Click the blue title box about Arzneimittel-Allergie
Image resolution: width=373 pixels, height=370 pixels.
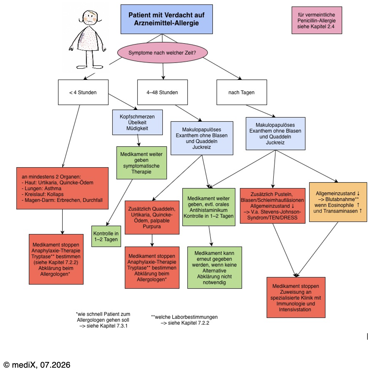tap(166, 19)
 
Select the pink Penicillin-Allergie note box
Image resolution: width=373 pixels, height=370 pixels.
tap(317, 20)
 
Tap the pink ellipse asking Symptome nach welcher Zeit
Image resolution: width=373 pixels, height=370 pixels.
tap(162, 53)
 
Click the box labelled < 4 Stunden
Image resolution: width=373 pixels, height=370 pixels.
tap(83, 92)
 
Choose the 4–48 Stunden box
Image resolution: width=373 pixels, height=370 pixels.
tap(162, 92)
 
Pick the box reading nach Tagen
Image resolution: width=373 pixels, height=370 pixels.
tap(242, 92)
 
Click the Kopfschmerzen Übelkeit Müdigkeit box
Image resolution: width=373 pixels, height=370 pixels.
tap(137, 122)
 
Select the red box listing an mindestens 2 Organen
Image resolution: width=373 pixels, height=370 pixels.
tap(62, 188)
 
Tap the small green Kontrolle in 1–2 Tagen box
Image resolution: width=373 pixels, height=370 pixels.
tap(106, 236)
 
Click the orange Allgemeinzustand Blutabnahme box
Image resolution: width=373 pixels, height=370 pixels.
tap(338, 202)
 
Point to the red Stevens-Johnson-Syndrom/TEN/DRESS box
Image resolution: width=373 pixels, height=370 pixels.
tap(273, 206)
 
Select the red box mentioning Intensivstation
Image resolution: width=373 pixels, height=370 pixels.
tap(296, 297)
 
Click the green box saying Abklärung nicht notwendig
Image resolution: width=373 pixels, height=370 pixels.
tap(215, 268)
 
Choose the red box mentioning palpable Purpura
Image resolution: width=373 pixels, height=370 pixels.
tap(152, 217)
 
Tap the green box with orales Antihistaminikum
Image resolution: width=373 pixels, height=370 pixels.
tap(209, 207)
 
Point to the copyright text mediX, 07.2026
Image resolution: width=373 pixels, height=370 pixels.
tap(37, 365)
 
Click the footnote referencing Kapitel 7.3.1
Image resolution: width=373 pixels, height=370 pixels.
tap(103, 320)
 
